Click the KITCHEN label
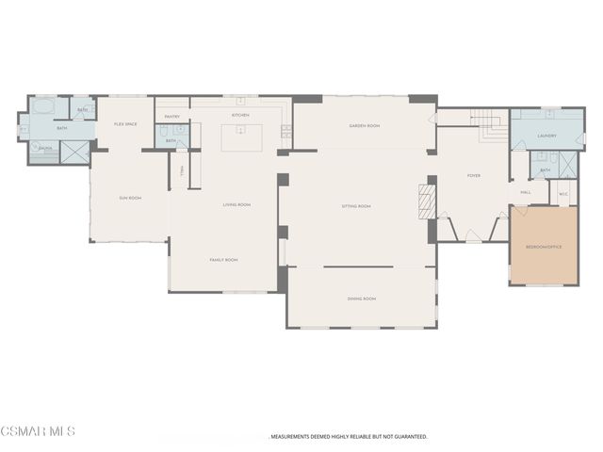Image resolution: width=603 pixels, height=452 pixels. point(241,116)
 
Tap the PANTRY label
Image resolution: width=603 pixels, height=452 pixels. point(172,117)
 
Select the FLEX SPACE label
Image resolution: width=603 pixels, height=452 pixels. point(126,124)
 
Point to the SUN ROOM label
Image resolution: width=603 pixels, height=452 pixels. point(130,198)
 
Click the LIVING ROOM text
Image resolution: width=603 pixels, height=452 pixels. point(236,204)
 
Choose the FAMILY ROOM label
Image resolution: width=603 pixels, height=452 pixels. point(223,260)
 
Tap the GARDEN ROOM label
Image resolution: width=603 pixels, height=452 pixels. point(364,125)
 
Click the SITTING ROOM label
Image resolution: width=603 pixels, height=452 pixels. point(356,205)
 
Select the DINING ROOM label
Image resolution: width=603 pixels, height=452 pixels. point(362,299)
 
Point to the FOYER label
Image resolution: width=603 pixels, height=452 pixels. point(474,175)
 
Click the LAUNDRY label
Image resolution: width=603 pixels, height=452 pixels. point(546,136)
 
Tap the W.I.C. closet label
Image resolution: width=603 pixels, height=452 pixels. point(563,195)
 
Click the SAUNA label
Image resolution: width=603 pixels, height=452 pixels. point(44,148)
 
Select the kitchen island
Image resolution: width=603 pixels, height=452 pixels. point(242,137)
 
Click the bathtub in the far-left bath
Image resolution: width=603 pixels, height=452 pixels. point(45,107)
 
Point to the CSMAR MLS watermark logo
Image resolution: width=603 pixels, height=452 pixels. point(38,431)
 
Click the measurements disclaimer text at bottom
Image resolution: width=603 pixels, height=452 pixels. point(350,437)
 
